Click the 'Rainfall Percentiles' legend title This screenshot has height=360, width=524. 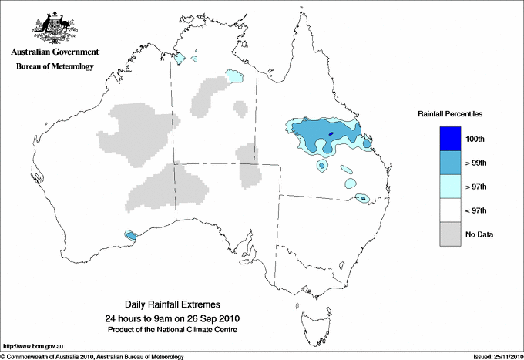coord(450,113)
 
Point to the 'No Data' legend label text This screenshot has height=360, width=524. coord(480,234)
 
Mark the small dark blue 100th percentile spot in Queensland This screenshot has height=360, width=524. coord(331,134)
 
